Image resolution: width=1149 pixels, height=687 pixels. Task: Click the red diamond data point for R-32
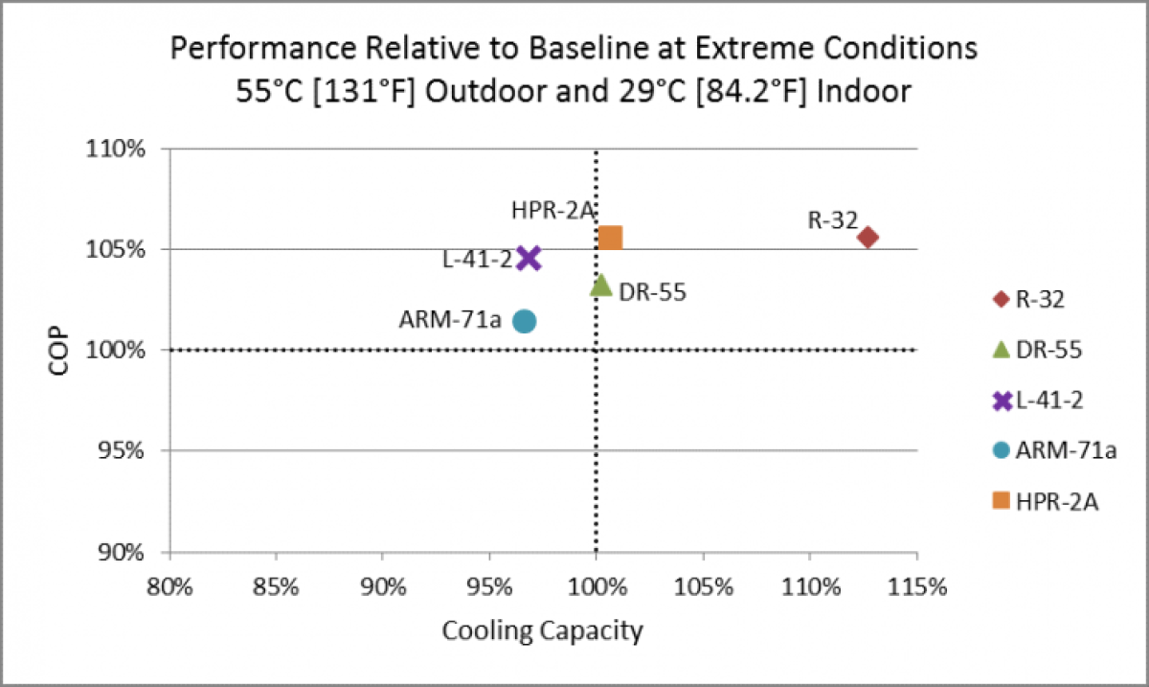click(868, 237)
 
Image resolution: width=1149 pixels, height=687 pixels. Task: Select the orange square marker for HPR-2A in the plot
click(610, 238)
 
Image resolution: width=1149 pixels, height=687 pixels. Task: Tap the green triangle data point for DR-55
click(600, 284)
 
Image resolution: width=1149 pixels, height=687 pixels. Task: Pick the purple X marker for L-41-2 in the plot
click(529, 258)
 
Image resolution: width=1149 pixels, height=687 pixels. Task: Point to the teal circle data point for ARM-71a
click(524, 321)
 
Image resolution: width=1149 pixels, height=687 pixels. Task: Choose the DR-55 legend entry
click(1038, 350)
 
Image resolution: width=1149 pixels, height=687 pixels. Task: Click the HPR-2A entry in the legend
click(1046, 500)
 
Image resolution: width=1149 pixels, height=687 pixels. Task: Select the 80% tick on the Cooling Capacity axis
click(169, 585)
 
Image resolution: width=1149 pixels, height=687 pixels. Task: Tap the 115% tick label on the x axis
click(916, 585)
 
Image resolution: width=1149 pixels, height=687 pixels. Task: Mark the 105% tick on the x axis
click(703, 585)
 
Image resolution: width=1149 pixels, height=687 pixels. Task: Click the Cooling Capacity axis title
click(542, 631)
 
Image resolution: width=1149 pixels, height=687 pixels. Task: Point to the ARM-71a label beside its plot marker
click(450, 319)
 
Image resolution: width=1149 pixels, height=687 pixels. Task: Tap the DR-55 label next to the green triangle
click(652, 292)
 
